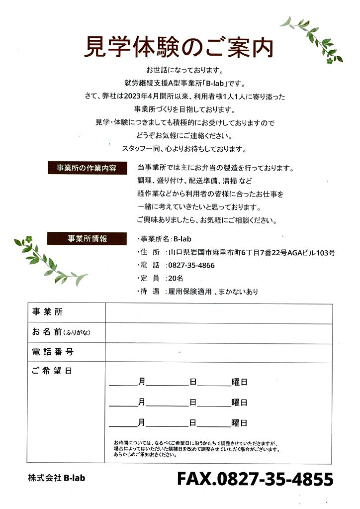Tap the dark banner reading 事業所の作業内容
coord(87,168)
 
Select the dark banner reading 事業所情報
coord(87,238)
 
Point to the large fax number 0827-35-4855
coord(255,479)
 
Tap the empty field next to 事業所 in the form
coord(218,313)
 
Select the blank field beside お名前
coord(218,333)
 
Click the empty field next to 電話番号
coord(218,352)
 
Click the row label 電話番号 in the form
coord(53,352)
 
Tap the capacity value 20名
coord(176,279)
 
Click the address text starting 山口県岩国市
coord(252,252)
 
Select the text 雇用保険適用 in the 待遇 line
coord(190,292)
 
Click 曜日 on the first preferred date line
coord(239,383)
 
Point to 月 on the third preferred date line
coord(142,423)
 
